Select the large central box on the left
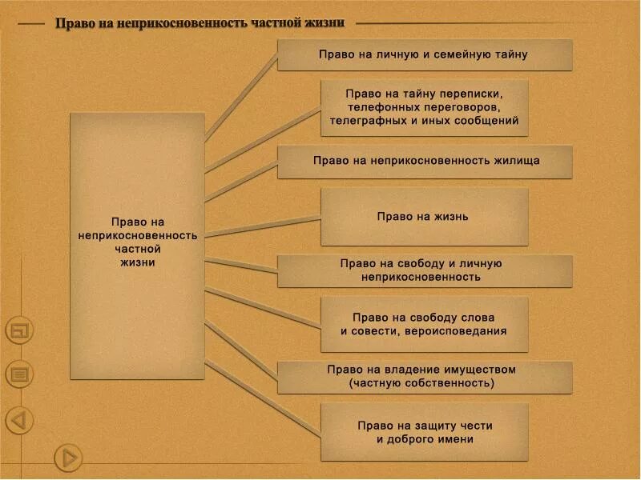click(x=137, y=240)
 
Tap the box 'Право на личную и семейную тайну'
click(x=425, y=54)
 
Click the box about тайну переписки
click(x=425, y=107)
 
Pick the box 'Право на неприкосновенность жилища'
click(x=425, y=161)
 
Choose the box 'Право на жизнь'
click(x=425, y=216)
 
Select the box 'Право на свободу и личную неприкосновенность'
click(x=425, y=270)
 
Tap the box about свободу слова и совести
click(x=425, y=324)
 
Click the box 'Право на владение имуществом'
click(x=425, y=377)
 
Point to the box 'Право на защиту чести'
click(x=425, y=432)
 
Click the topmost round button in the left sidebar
click(x=19, y=330)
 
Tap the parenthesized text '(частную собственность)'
click(x=421, y=383)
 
